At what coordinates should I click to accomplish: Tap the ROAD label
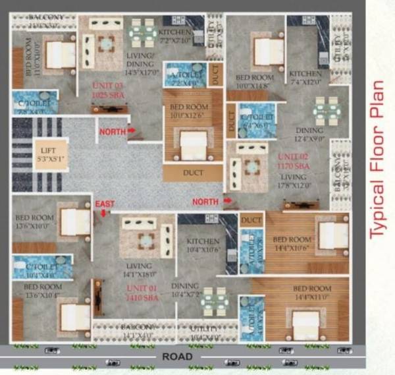[x=178, y=357]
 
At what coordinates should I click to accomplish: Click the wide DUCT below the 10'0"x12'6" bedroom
[x=194, y=173]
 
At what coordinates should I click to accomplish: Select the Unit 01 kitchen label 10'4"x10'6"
[x=202, y=245]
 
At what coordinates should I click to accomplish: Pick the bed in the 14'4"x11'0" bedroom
[x=305, y=320]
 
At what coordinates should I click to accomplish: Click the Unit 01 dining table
[x=215, y=299]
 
